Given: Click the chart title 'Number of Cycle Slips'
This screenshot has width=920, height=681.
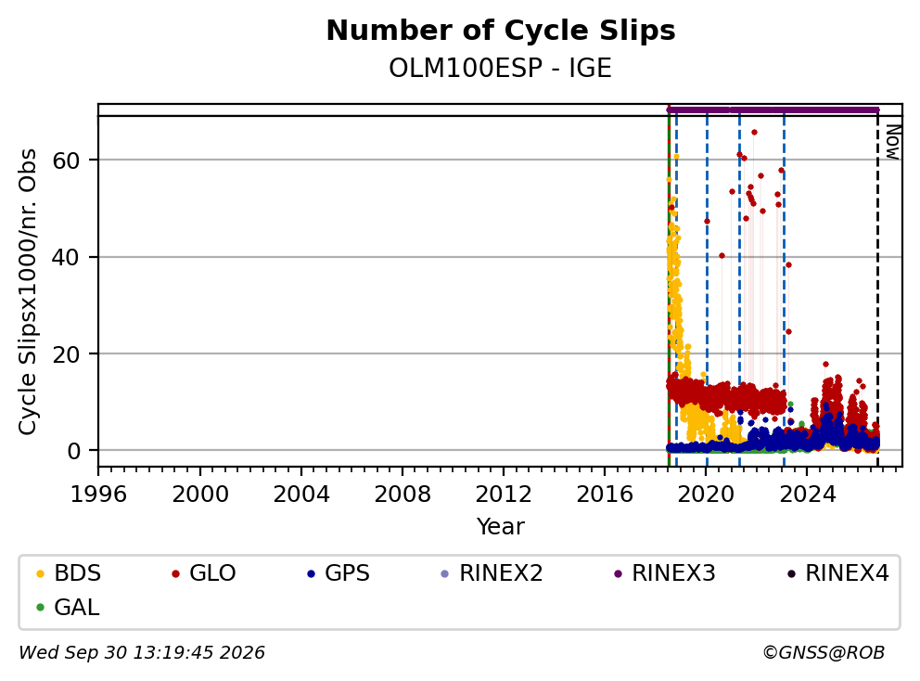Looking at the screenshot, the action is point(501,31).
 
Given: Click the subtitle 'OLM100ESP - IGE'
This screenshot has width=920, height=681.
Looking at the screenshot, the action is point(501,68).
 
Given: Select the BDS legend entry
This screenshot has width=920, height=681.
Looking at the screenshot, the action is point(69,573).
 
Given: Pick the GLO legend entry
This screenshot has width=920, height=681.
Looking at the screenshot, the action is point(204,573).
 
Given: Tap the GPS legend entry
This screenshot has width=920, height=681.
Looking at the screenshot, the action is point(339,573).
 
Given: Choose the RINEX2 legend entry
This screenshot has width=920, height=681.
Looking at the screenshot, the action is point(492,573).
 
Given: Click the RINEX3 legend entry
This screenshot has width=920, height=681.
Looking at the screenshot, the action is point(665,573).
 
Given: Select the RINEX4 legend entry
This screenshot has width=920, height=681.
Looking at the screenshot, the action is point(837,573).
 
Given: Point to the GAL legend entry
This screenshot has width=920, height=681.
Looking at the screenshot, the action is point(68,607).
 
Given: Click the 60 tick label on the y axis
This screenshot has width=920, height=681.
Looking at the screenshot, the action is point(66,161).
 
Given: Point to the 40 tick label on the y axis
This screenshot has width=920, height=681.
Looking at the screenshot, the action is point(66,257).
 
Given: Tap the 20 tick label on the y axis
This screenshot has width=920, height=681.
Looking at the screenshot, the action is point(66,354).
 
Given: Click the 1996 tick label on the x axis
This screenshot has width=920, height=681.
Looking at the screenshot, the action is point(98,495).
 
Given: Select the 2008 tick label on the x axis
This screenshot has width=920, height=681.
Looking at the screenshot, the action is point(402,495).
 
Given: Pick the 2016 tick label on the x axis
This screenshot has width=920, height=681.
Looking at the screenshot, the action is point(605,495).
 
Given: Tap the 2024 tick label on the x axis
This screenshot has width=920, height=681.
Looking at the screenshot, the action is point(807,495).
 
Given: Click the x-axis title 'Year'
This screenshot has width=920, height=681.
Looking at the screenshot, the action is point(501,527).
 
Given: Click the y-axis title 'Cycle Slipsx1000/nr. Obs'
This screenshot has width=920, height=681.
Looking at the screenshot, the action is point(27,291).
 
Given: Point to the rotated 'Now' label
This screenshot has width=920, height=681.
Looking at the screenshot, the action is point(892,142).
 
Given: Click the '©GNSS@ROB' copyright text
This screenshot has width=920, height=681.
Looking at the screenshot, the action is point(824,652).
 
